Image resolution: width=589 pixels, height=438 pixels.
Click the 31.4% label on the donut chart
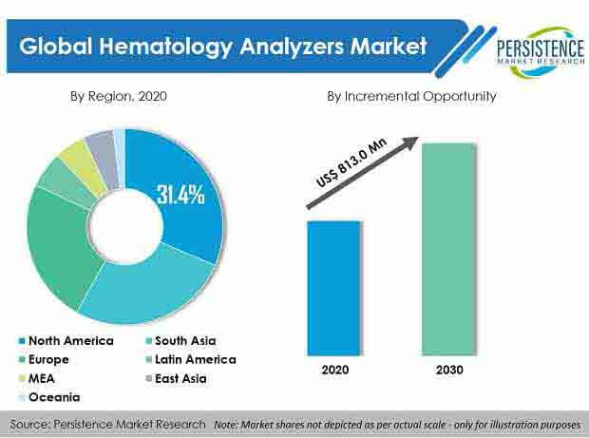pyautogui.click(x=180, y=195)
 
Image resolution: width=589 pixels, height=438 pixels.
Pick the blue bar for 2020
pyautogui.click(x=334, y=288)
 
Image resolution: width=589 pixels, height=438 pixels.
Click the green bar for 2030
pyautogui.click(x=449, y=249)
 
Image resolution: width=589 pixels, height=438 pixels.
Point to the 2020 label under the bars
pyautogui.click(x=335, y=370)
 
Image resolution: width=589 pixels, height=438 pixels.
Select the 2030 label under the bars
pyautogui.click(x=449, y=370)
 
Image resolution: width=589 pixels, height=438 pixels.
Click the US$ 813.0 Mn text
pyautogui.click(x=351, y=163)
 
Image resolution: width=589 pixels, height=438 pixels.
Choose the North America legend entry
pyautogui.click(x=66, y=341)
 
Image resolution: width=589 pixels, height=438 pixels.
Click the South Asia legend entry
pyautogui.click(x=181, y=341)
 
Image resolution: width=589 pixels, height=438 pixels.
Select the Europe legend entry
pyautogui.click(x=44, y=359)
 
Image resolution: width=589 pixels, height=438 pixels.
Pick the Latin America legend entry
pyautogui.click(x=191, y=359)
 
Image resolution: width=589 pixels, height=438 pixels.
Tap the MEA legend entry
pyautogui.click(x=36, y=378)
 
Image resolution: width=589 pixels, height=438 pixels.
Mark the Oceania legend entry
pyautogui.click(x=49, y=397)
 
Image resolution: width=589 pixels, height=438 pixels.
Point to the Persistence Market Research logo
pyautogui.click(x=541, y=52)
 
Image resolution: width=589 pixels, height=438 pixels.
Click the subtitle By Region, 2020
pyautogui.click(x=119, y=97)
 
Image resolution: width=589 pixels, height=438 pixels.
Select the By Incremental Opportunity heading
pyautogui.click(x=411, y=97)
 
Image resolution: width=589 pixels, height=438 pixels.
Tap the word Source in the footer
pyautogui.click(x=28, y=425)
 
